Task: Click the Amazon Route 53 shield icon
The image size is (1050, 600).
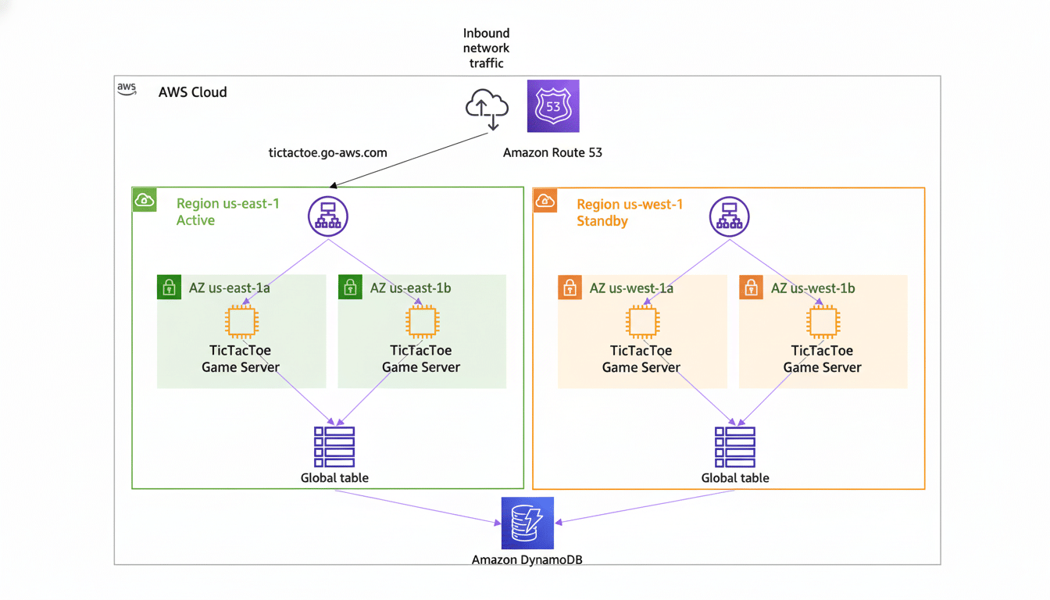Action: [553, 106]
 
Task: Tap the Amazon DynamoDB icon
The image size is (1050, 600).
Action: [527, 523]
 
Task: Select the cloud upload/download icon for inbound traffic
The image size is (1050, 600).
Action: [487, 108]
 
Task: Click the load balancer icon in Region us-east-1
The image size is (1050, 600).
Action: [328, 216]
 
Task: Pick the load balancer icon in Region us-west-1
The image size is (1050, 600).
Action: [729, 216]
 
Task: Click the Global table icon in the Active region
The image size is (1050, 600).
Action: [334, 447]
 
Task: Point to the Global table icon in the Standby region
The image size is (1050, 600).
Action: [735, 447]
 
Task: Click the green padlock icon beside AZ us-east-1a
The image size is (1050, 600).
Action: [169, 287]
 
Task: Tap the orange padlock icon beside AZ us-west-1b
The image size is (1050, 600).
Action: [751, 287]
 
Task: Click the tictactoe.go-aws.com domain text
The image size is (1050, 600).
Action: [328, 153]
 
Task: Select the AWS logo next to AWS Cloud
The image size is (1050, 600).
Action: [127, 88]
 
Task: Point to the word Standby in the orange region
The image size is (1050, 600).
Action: [602, 221]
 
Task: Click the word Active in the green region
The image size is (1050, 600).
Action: [195, 220]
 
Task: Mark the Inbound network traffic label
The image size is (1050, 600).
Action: [486, 48]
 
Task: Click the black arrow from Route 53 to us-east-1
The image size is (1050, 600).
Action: [410, 160]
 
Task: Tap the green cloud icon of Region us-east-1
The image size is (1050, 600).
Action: [145, 200]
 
